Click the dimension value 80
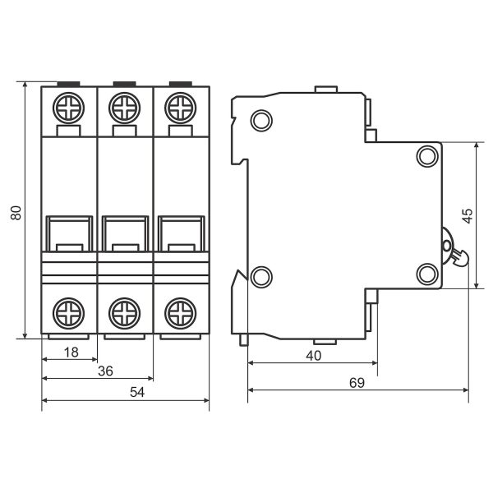(16, 213)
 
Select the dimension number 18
(71, 352)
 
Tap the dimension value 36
(105, 371)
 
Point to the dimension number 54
(137, 392)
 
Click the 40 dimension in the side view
(314, 356)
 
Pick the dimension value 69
(357, 383)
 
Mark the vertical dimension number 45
(468, 216)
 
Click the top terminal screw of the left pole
(68, 108)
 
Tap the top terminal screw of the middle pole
(125, 108)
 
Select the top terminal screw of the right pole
(181, 108)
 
